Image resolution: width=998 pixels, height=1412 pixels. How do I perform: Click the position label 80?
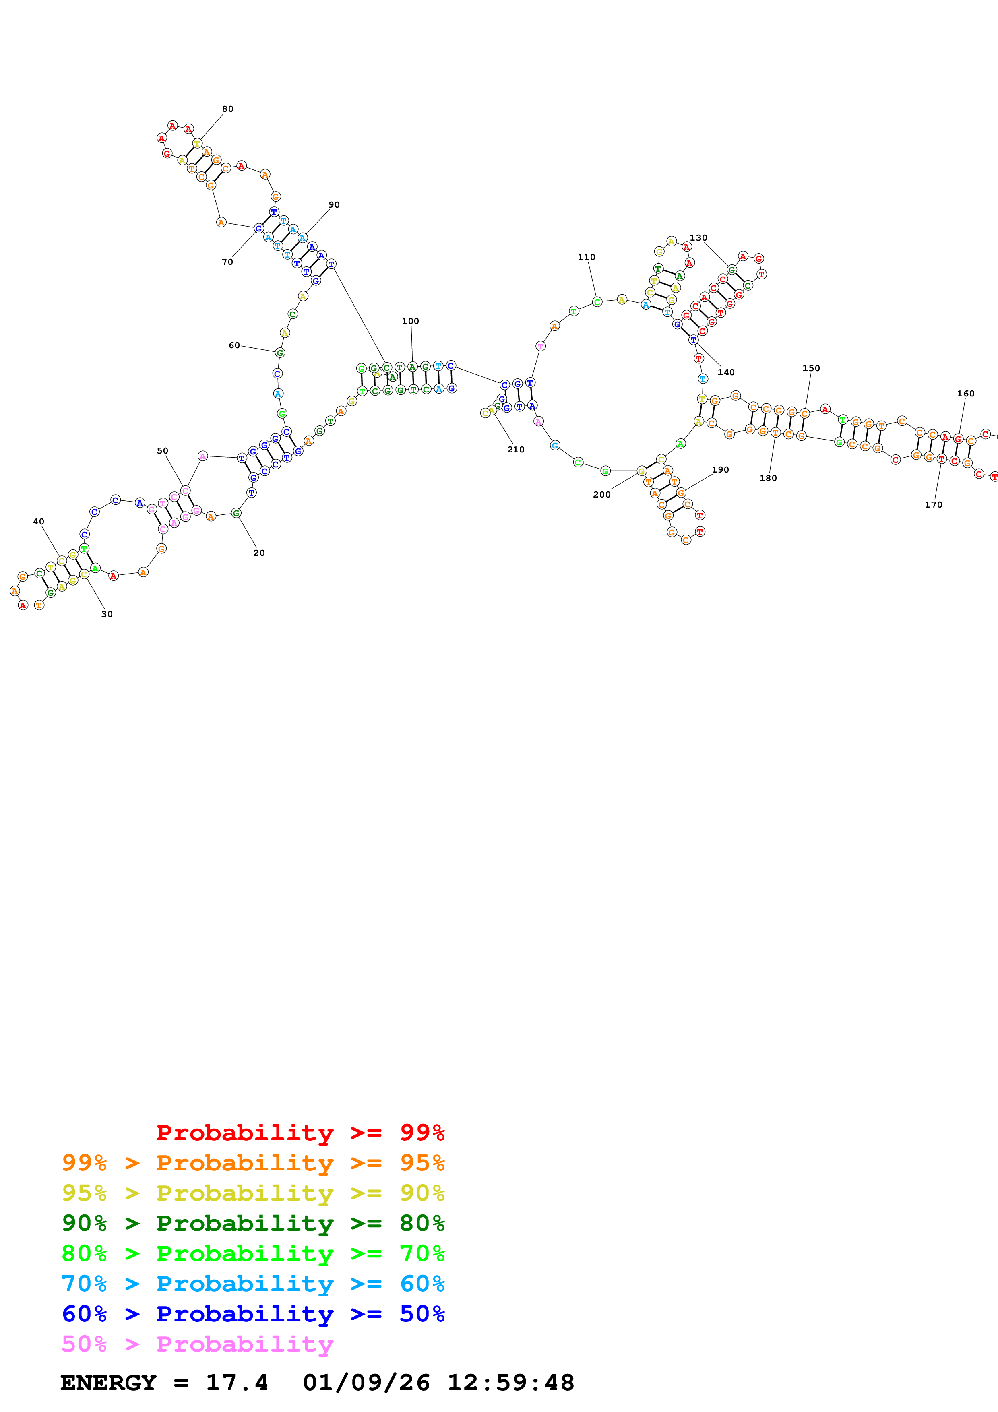pyautogui.click(x=227, y=109)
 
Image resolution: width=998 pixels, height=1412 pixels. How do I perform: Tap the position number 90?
pyautogui.click(x=334, y=205)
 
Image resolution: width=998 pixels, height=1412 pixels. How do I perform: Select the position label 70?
pyautogui.click(x=227, y=262)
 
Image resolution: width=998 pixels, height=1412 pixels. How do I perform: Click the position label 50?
pyautogui.click(x=162, y=451)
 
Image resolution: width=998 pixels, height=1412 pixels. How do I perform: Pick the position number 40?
pyautogui.click(x=39, y=522)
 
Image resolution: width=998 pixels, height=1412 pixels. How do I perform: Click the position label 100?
pyautogui.click(x=410, y=321)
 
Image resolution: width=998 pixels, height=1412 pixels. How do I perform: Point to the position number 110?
pyautogui.click(x=586, y=257)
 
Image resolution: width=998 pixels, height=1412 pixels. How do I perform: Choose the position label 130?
pyautogui.click(x=698, y=238)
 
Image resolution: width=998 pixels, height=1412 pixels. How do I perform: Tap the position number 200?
pyautogui.click(x=601, y=494)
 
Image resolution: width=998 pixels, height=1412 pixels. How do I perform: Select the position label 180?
pyautogui.click(x=768, y=478)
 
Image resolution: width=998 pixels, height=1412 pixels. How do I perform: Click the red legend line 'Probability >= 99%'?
pyautogui.click(x=300, y=1132)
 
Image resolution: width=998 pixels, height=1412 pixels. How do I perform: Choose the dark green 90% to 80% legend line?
pyautogui.click(x=253, y=1223)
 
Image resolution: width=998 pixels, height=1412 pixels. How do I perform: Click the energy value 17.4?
pyautogui.click(x=237, y=1383)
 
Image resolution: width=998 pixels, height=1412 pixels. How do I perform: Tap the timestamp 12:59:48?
pyautogui.click(x=510, y=1383)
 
